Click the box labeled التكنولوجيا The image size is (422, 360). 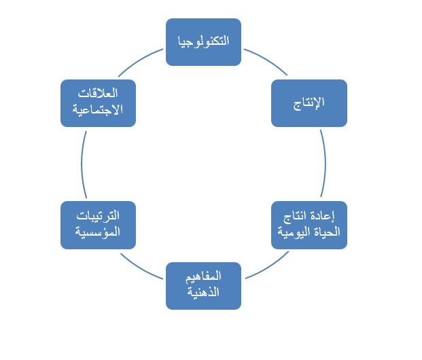203,41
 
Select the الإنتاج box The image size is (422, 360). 309,103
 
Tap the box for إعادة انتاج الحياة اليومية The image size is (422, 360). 309,225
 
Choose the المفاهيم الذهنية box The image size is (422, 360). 203,285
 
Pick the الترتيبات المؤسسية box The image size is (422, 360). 98,225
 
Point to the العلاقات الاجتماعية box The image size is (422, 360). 98,103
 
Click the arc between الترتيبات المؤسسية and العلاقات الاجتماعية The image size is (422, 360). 82,164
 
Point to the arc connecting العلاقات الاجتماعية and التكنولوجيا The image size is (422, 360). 140,60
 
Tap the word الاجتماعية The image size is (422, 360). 98,110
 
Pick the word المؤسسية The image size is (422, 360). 98,232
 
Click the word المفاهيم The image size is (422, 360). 203,278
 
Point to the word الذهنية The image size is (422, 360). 203,293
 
